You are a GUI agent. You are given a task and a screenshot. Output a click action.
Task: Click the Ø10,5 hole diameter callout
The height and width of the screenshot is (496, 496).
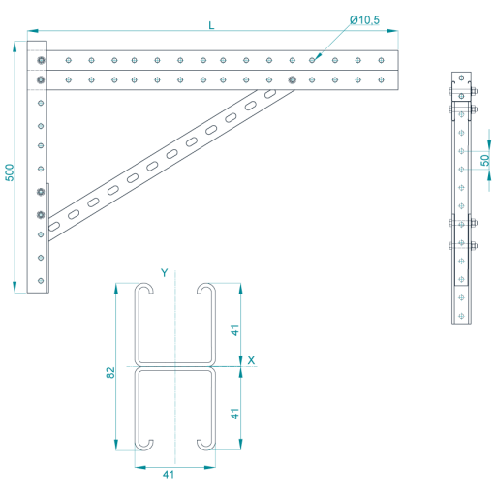click(364, 20)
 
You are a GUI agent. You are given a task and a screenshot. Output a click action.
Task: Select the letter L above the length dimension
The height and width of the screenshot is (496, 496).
click(211, 25)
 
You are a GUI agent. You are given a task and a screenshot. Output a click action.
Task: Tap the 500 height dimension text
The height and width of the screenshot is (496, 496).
click(10, 172)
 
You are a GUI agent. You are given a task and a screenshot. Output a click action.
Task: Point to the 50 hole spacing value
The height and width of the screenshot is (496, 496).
click(485, 160)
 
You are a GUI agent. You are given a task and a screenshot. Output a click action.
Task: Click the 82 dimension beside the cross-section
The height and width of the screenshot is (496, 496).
click(110, 372)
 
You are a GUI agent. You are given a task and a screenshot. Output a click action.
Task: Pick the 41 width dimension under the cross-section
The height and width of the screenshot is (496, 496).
click(169, 475)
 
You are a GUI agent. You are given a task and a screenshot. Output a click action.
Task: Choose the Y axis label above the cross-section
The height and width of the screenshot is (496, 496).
click(165, 273)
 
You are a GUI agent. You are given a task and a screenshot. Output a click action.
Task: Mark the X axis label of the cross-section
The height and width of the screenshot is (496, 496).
click(251, 360)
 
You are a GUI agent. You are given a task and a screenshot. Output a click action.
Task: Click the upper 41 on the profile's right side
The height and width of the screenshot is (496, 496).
click(234, 330)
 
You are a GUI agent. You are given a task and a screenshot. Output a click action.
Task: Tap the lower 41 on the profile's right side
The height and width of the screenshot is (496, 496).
click(234, 414)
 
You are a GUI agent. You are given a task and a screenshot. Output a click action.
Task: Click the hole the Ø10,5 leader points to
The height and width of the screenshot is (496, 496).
click(312, 60)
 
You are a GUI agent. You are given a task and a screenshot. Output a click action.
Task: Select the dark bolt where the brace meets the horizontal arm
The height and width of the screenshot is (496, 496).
click(293, 79)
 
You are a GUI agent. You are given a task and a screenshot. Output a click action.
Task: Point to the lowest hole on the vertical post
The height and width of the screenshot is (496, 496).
click(41, 281)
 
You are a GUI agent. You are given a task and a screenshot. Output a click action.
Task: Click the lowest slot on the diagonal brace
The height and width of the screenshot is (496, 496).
click(54, 226)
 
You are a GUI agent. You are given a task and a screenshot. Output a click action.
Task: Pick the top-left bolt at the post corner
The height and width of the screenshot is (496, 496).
click(41, 60)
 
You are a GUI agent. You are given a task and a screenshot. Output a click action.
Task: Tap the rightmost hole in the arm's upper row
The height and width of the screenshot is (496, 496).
click(381, 60)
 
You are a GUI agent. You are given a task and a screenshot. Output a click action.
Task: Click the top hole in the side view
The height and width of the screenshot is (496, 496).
click(461, 77)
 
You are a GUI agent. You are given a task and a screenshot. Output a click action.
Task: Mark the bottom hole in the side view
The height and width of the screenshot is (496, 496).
click(461, 316)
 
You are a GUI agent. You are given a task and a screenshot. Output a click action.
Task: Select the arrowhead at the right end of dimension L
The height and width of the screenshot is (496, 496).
click(392, 31)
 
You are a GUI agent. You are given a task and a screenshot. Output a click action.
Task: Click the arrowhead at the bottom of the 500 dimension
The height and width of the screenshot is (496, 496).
click(15, 287)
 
